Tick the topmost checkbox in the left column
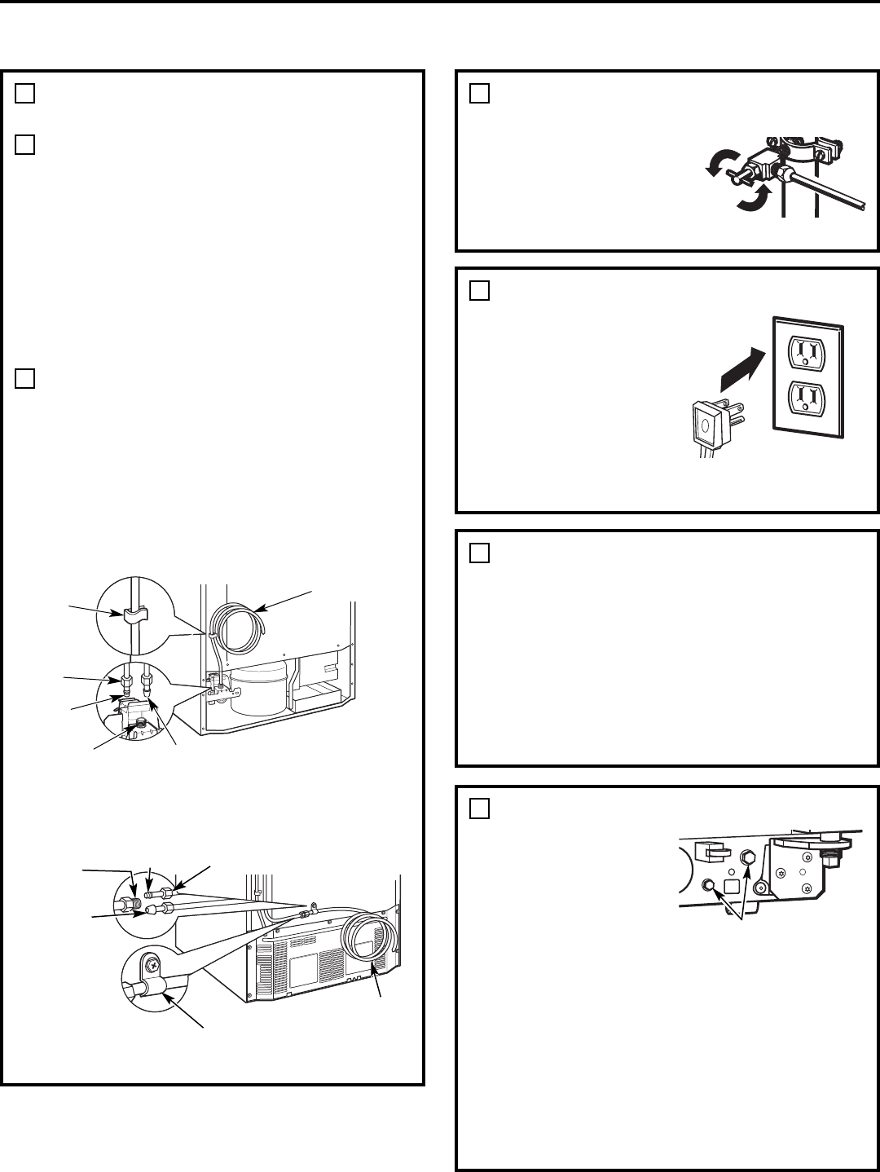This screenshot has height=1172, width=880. point(24,94)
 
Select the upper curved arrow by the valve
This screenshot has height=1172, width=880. point(716,165)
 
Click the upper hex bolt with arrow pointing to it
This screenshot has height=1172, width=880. point(746,857)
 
